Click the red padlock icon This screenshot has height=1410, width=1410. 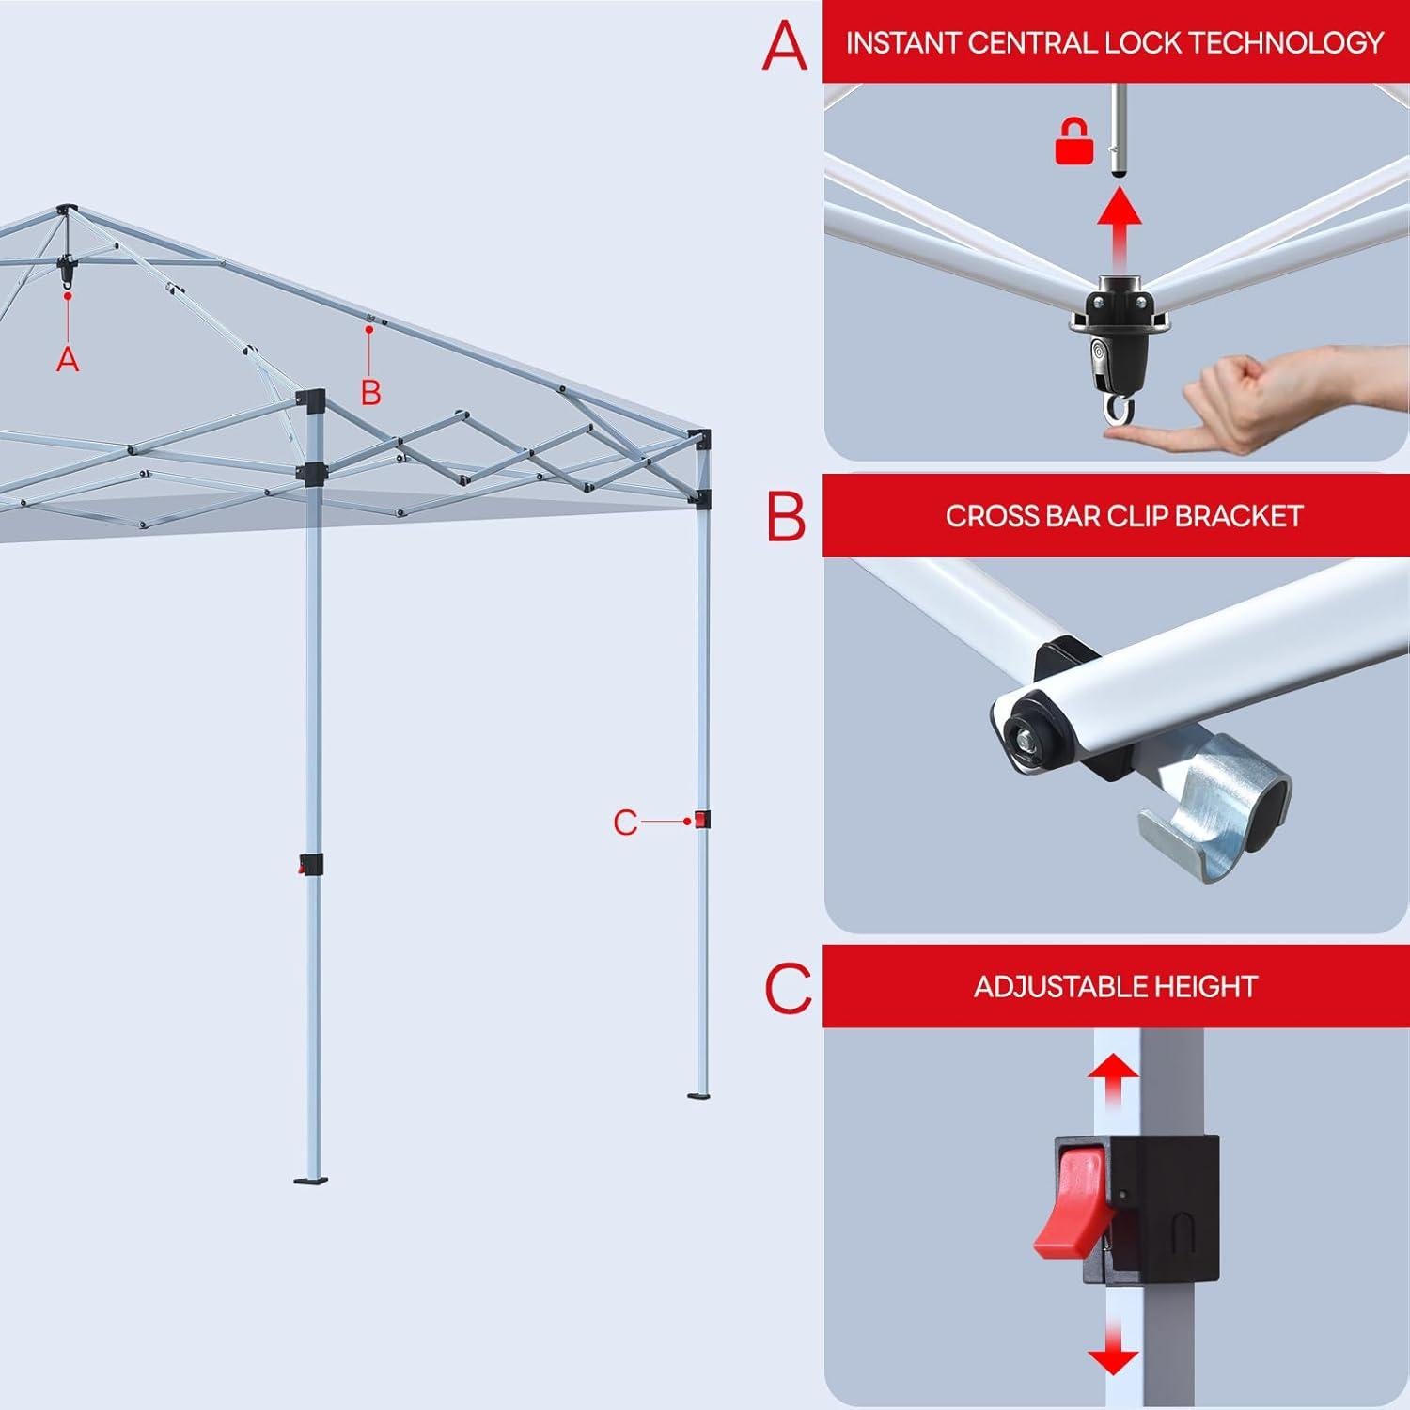[1073, 144]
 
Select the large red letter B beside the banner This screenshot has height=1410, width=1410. [786, 515]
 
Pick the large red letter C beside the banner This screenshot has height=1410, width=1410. [788, 987]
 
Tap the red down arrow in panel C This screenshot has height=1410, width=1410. [1114, 1349]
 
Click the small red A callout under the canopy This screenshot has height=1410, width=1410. [67, 358]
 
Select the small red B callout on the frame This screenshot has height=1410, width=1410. [371, 392]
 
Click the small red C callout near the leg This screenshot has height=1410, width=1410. [625, 822]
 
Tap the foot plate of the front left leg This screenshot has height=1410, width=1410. [311, 1179]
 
